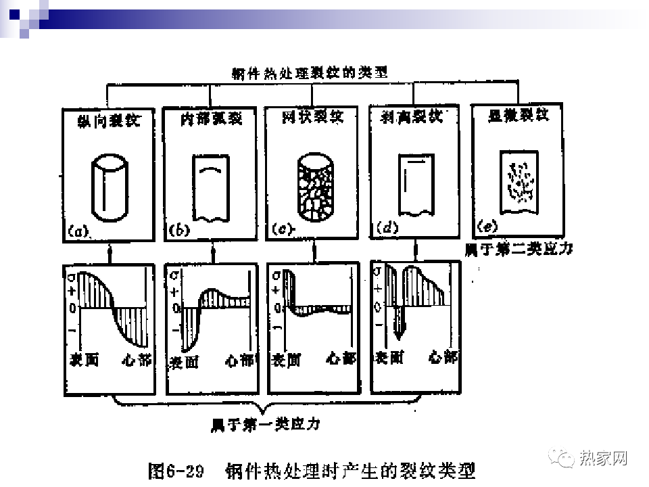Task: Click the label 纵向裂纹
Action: click(110, 121)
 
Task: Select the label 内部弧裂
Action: click(211, 119)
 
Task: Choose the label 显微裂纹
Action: click(519, 116)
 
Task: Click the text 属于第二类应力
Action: click(519, 249)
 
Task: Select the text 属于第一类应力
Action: click(265, 425)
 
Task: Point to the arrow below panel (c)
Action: click(314, 252)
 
